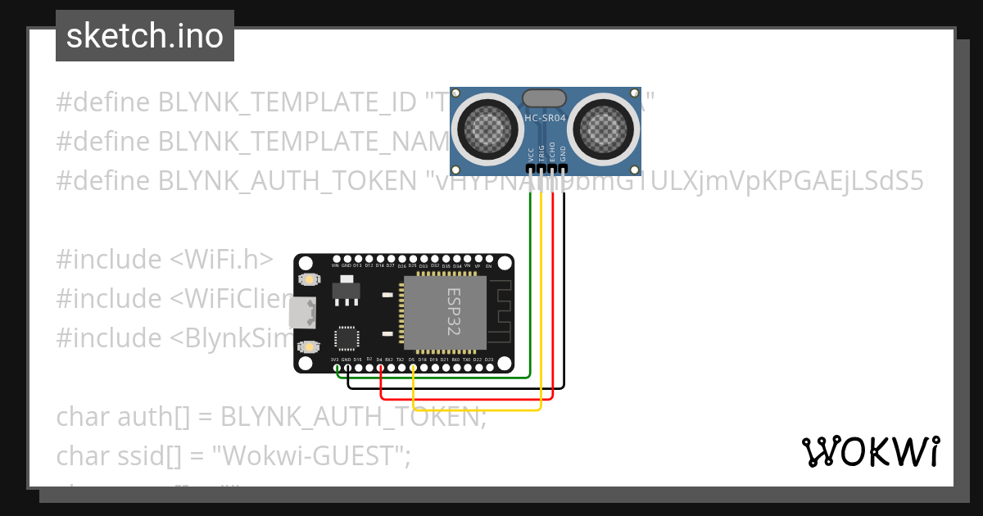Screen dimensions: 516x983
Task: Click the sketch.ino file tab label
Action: coord(144,36)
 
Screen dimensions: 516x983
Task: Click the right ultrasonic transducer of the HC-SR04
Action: coord(605,128)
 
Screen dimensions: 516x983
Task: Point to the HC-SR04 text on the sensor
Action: coord(546,118)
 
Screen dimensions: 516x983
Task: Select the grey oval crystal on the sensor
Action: coord(545,98)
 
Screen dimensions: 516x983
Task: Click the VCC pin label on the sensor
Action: coord(530,154)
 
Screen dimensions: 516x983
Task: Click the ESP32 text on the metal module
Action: coord(453,311)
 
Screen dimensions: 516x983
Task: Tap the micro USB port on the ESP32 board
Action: coord(301,312)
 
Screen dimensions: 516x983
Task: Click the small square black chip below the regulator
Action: coord(347,338)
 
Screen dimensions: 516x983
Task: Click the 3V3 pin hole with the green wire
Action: coord(336,367)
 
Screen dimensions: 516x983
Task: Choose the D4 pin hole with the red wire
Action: coord(380,367)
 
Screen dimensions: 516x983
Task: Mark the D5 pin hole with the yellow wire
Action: coord(413,367)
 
